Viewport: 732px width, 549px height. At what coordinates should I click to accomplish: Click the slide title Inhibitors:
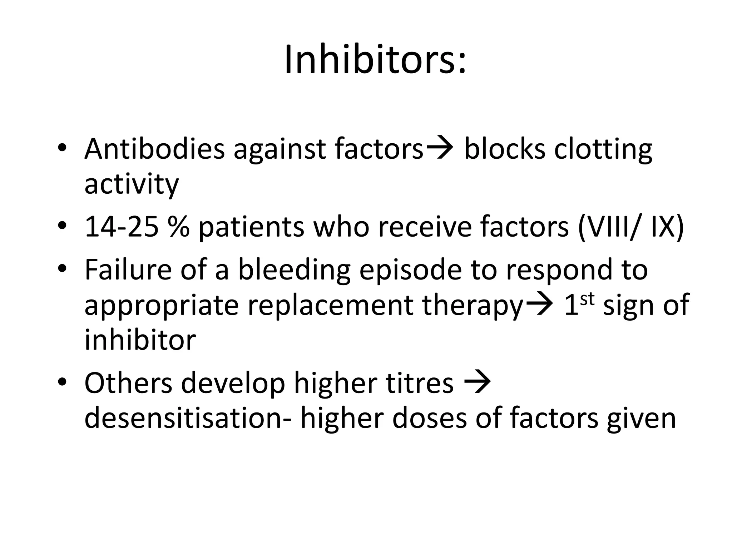pyautogui.click(x=375, y=59)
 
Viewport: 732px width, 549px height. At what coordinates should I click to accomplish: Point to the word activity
pyautogui.click(x=131, y=185)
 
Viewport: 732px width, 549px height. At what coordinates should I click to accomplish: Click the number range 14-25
pyautogui.click(x=121, y=227)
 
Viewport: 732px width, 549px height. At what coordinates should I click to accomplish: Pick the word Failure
pyautogui.click(x=128, y=269)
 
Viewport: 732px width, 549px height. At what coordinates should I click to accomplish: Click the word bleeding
pyautogui.click(x=294, y=270)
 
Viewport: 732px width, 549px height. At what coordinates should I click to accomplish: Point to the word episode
pyautogui.click(x=410, y=270)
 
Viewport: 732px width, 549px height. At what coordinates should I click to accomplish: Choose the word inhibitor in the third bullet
pyautogui.click(x=140, y=340)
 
